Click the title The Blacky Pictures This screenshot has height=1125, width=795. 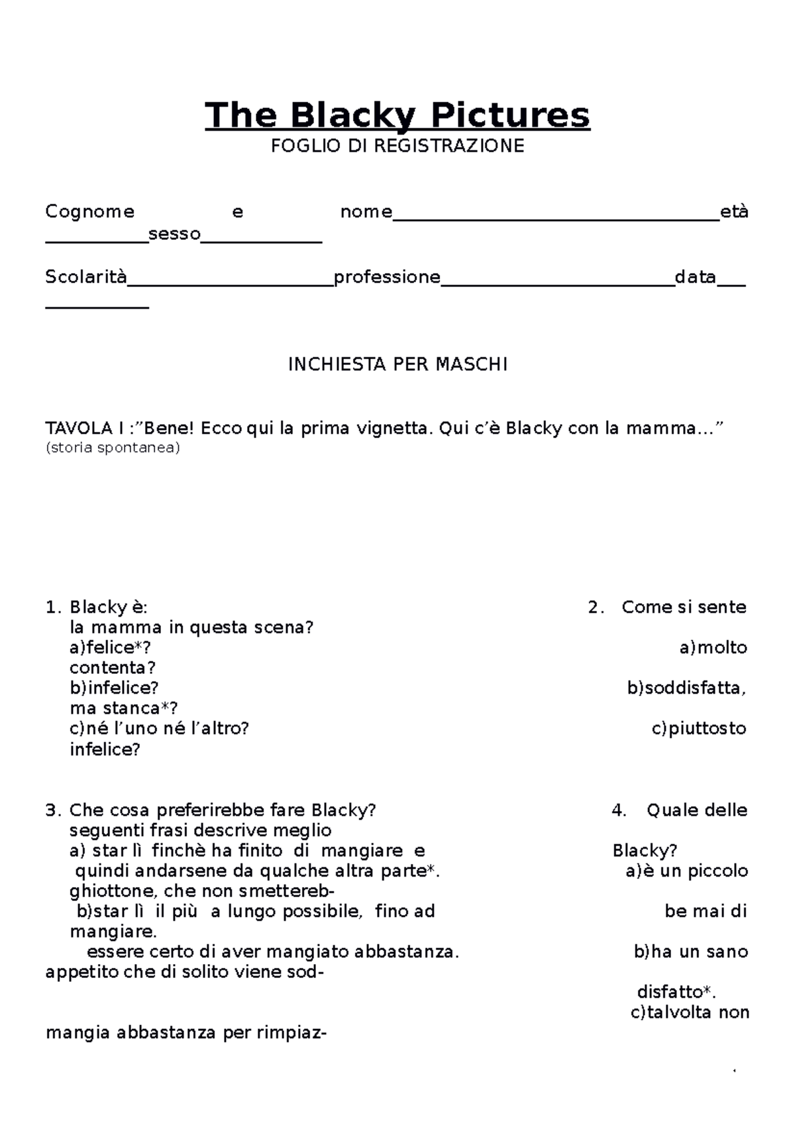coord(397,115)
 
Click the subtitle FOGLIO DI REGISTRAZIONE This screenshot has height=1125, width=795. coord(397,146)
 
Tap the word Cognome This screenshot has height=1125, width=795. coord(89,212)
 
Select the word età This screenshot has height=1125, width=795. coord(734,212)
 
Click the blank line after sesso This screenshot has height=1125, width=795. coord(261,241)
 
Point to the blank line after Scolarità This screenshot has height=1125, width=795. coord(230,284)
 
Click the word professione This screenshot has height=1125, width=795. coord(387,277)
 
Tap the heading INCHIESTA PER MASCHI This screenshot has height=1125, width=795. coord(397,364)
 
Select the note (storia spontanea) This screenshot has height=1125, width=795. coord(113,448)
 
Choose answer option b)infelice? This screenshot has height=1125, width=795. coord(114,688)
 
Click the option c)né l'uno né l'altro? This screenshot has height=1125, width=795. coord(159,729)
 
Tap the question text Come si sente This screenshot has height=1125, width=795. coord(684,608)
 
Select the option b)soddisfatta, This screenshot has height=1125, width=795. coord(686,688)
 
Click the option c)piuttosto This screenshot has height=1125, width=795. coord(699,729)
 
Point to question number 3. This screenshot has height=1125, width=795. coord(52,810)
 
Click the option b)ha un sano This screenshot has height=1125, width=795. coord(690,952)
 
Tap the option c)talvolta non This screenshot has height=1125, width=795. coord(689,1012)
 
